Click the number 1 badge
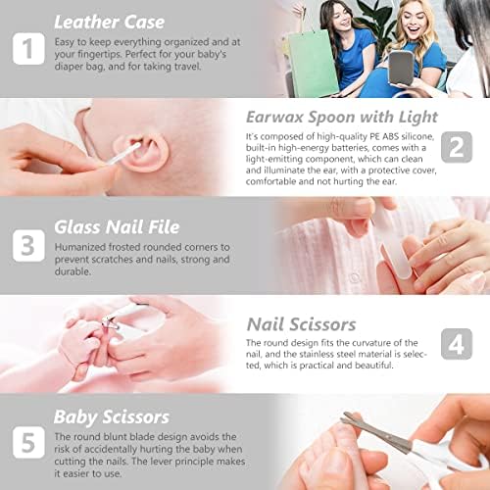click(28, 49)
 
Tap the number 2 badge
click(457, 147)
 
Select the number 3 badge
click(28, 246)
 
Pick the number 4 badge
click(457, 344)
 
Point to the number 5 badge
click(28, 442)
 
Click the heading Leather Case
click(110, 23)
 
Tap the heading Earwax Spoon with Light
click(342, 118)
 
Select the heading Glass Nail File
click(117, 227)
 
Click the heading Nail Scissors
click(301, 324)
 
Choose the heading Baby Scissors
click(112, 417)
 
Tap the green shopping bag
click(313, 63)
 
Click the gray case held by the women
click(401, 68)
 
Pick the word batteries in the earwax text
click(348, 148)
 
